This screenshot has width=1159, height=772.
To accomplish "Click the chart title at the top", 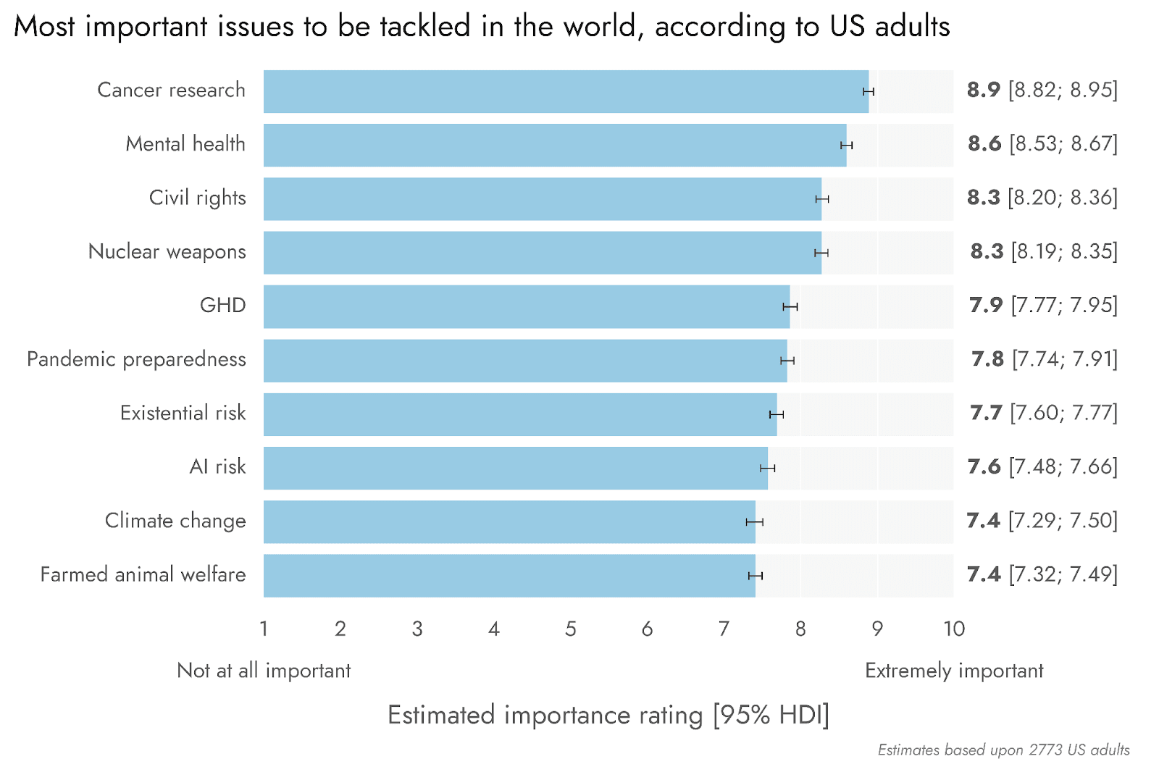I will point(482,27).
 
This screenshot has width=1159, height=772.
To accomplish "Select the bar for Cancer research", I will point(565,91).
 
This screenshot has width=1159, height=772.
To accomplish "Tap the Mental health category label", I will point(185,144).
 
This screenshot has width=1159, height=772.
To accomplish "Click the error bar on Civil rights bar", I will point(822,199).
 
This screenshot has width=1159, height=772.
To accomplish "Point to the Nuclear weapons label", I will point(167,252).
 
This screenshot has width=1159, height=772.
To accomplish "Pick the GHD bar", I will point(527,306).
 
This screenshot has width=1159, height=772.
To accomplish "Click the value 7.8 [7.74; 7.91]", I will point(1044,359).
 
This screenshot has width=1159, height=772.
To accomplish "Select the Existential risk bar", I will point(520,414).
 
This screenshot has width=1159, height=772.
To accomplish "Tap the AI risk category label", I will point(217,467).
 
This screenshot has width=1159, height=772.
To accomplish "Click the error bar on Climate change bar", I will point(755,522).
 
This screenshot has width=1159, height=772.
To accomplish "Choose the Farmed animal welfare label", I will point(143,575).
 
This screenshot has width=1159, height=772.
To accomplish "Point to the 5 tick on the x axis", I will point(571,629).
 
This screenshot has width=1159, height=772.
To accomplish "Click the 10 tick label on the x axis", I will point(954,629).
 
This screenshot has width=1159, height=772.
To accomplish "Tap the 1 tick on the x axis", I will point(264,629).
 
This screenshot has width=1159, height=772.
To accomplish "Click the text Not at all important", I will point(264,671).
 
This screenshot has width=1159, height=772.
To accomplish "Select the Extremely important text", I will point(954,671).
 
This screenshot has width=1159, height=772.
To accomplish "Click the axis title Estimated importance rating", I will point(608,715).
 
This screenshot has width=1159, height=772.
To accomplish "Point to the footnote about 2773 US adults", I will point(1003,750).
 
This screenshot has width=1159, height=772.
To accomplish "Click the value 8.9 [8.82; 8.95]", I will point(1042,90).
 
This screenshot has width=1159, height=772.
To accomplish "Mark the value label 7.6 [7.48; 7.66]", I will point(1042,467).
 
